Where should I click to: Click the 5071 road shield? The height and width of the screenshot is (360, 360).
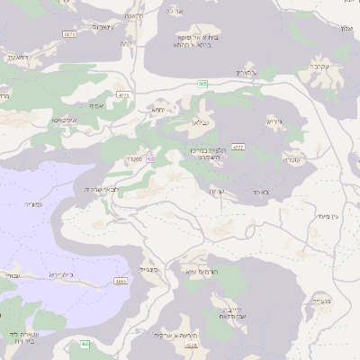tap(69, 33)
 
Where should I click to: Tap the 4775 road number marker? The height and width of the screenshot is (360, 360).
tap(123, 94)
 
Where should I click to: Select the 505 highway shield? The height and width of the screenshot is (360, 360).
tap(203, 83)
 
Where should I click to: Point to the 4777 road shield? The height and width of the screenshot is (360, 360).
tap(238, 147)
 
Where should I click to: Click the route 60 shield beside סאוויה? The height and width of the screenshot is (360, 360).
tap(150, 159)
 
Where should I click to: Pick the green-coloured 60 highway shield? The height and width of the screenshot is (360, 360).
tap(85, 343)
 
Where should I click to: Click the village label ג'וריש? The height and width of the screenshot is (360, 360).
tap(275, 121)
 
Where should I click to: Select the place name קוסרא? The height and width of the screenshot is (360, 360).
tap(291, 160)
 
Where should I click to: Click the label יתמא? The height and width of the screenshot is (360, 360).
tap(158, 110)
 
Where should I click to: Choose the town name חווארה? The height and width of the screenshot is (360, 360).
tap(136, 15)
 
